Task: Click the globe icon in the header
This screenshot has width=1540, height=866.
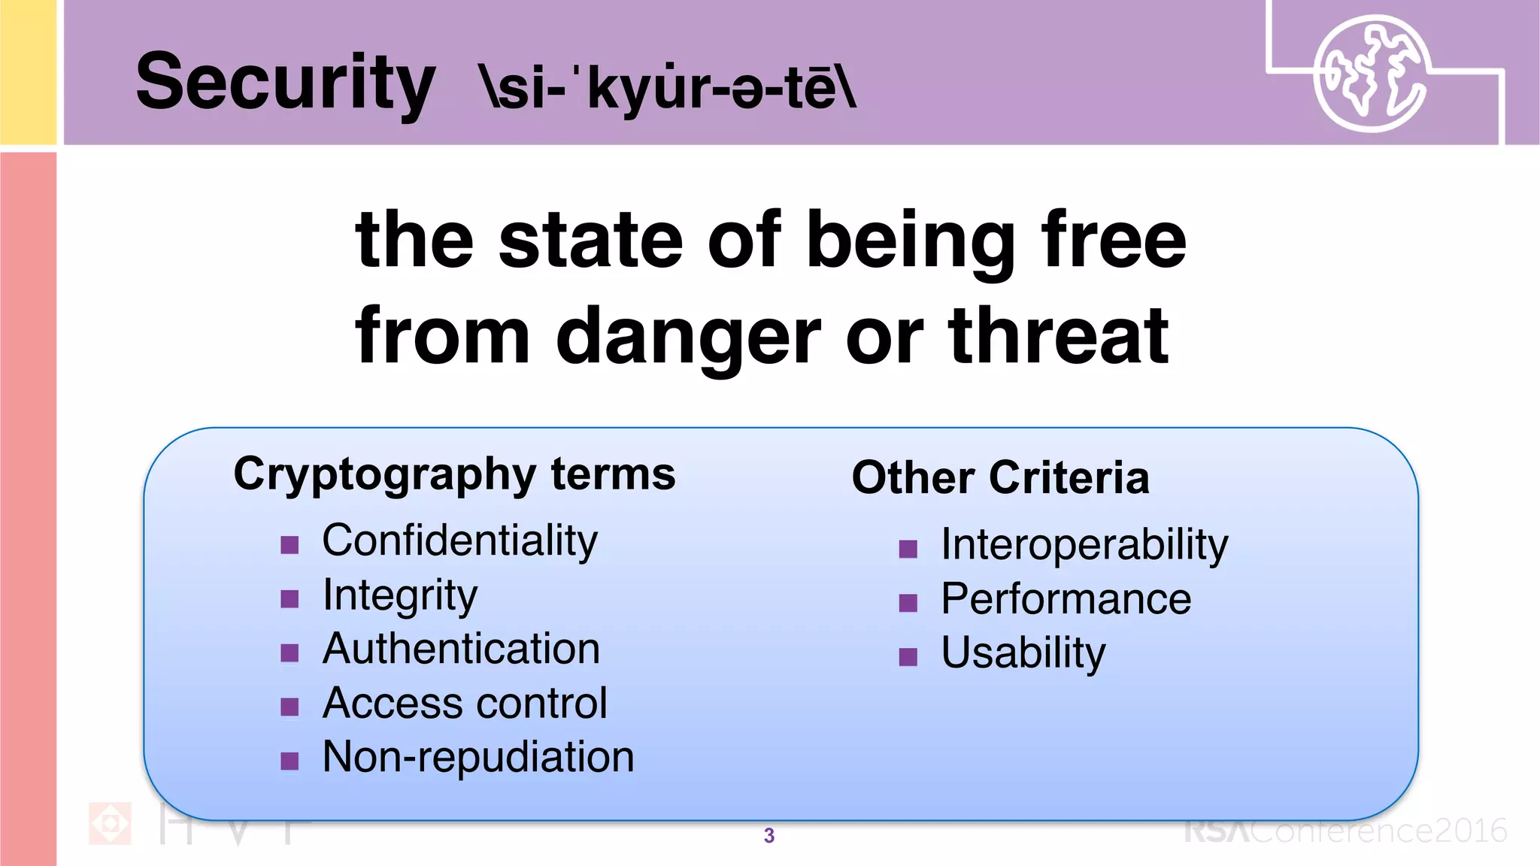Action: (1370, 74)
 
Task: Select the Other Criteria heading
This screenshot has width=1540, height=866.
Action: (1000, 477)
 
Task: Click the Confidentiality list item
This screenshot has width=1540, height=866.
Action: (459, 540)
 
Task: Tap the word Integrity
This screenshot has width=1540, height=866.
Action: (399, 595)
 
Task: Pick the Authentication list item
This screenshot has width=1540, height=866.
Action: (461, 649)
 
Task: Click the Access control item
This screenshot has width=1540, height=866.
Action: (464, 704)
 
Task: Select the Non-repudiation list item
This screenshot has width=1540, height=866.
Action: (478, 757)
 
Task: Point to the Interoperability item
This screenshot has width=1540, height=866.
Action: (1084, 544)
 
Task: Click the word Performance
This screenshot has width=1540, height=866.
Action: (1066, 599)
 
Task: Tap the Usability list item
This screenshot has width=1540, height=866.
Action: (1023, 653)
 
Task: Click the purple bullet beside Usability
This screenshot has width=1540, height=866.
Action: (908, 657)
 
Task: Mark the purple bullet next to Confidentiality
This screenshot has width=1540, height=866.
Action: (290, 544)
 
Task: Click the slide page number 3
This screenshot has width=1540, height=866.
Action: (768, 835)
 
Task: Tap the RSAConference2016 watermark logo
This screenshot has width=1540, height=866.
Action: (1345, 831)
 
